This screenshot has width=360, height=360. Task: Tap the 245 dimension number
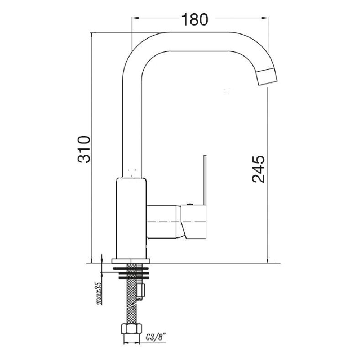click(258, 169)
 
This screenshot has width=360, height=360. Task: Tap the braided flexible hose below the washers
click(132, 302)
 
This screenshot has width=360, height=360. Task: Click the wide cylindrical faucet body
click(131, 217)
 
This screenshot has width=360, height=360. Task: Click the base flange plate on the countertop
click(131, 260)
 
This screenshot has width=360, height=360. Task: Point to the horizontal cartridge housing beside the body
click(163, 221)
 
